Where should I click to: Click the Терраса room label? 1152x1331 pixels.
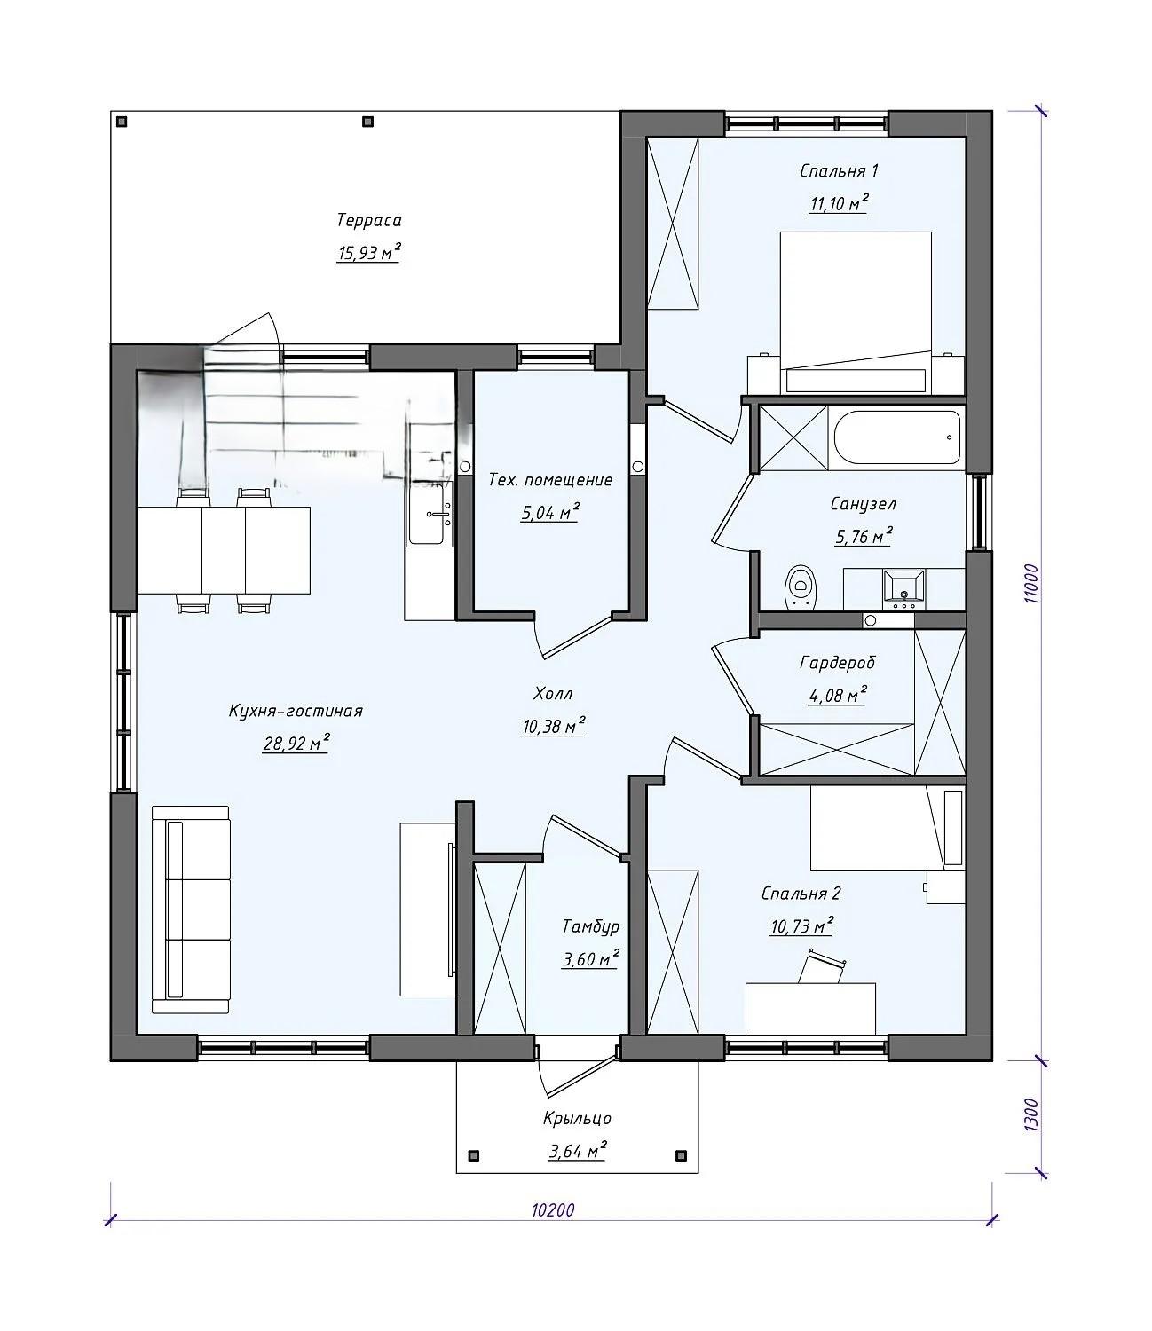369,221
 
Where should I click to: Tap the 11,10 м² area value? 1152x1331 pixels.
839,203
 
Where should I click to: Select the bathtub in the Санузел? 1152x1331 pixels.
897,437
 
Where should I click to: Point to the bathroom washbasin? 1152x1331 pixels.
903,590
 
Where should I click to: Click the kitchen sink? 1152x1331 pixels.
430,513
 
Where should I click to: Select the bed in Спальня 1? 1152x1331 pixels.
856,312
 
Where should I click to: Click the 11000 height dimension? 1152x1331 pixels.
1031,583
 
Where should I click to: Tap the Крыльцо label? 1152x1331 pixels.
577,1119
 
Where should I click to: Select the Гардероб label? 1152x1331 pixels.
838,663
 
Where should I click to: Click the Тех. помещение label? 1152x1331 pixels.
550,480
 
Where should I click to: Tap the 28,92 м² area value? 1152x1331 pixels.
296,743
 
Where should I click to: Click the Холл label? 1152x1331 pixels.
553,694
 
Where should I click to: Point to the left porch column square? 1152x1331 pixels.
475,1155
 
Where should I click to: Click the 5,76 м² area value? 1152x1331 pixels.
864,536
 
